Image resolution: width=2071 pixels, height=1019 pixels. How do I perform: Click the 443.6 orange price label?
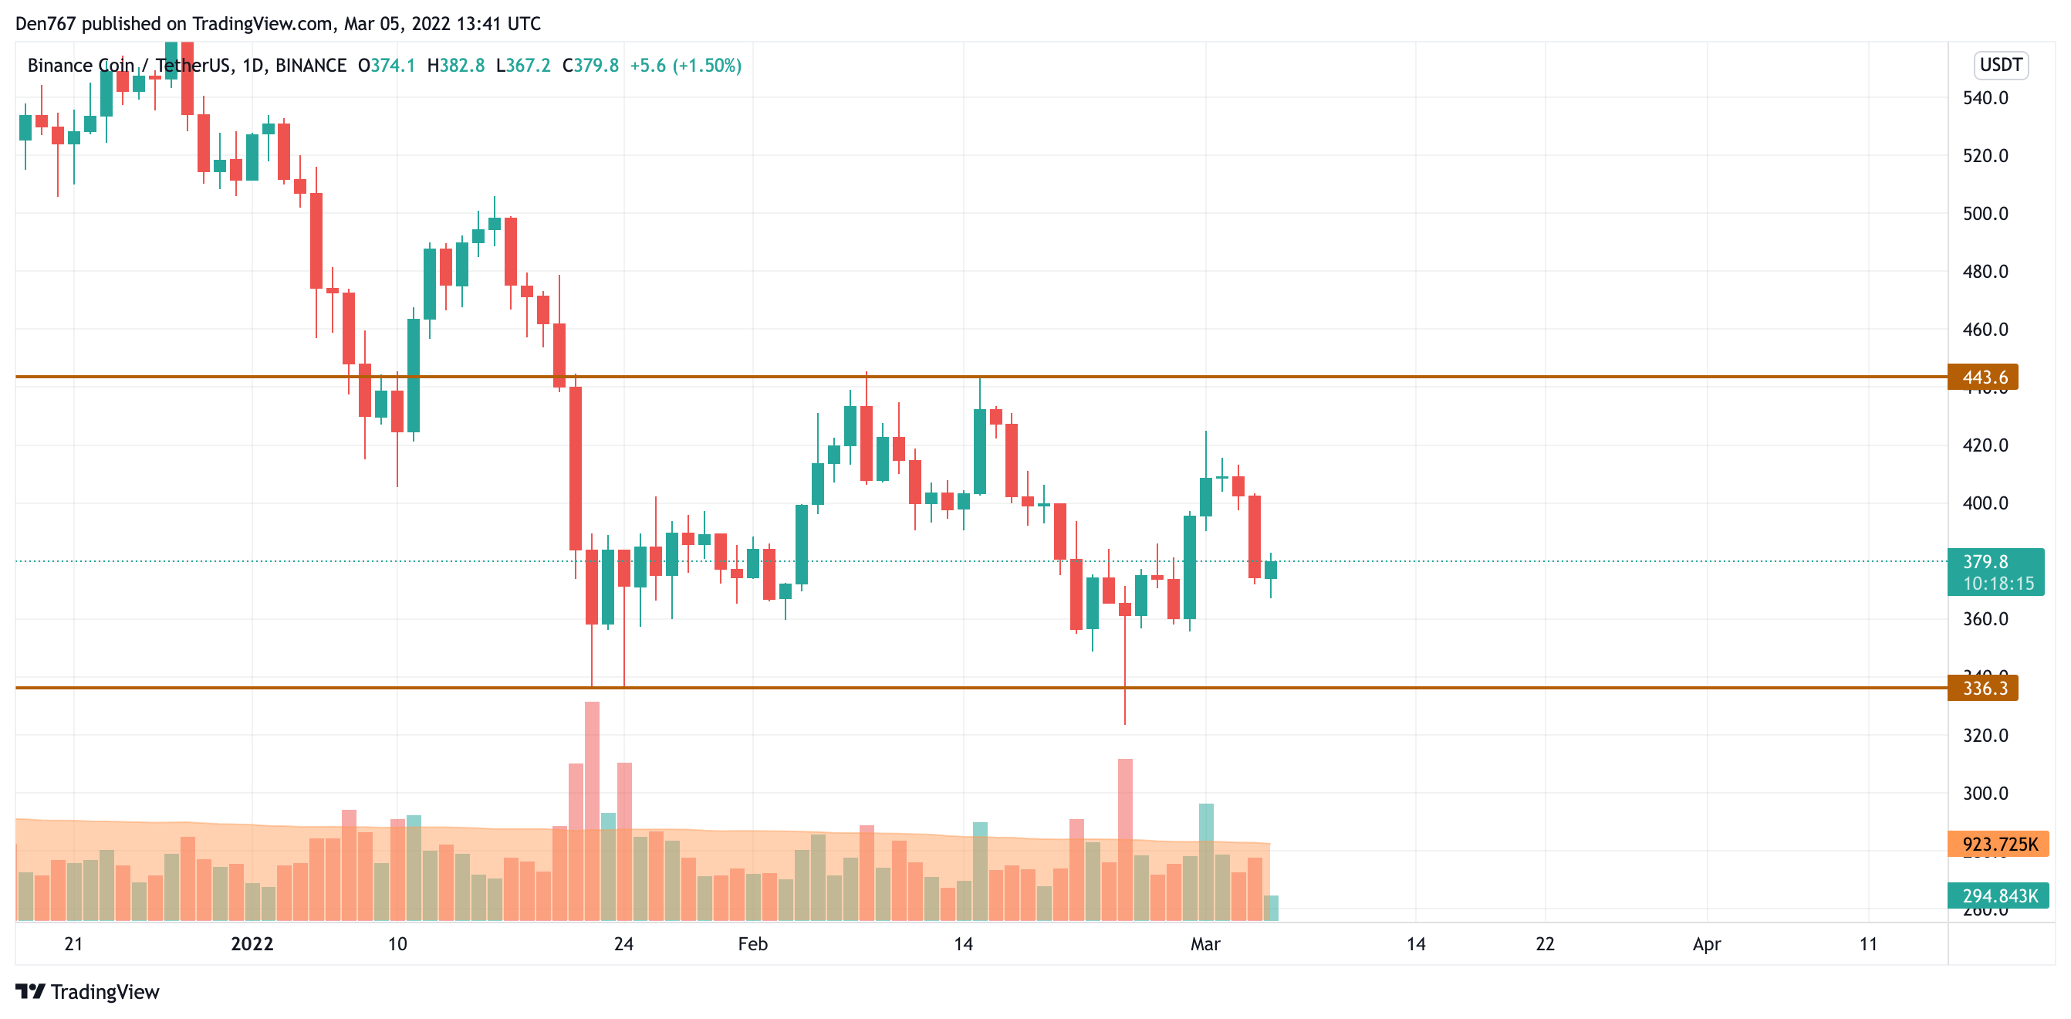[x=1982, y=377]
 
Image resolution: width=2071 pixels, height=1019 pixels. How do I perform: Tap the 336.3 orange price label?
[x=1982, y=688]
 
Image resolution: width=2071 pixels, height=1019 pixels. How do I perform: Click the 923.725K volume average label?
[x=1998, y=844]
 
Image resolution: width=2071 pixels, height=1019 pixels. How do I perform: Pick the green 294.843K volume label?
[x=1998, y=895]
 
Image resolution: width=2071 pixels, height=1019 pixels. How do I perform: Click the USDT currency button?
[x=2000, y=64]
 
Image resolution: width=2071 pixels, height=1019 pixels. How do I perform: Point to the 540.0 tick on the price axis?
[x=1985, y=98]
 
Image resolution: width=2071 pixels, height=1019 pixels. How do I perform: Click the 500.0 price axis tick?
[x=1985, y=214]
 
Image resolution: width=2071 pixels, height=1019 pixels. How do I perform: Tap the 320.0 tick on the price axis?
[x=1985, y=735]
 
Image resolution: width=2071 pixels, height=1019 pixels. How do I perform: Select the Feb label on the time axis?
[x=752, y=943]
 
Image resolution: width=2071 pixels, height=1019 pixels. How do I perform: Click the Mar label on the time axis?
[x=1204, y=943]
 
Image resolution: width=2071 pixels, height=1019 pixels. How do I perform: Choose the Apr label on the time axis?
[x=1706, y=943]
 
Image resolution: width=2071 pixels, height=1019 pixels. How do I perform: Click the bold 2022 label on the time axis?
[x=252, y=943]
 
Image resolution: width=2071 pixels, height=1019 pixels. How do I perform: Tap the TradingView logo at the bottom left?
[x=88, y=992]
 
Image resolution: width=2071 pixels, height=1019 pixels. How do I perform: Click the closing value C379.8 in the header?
[x=590, y=65]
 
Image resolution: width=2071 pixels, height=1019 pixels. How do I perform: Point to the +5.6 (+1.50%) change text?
[x=685, y=65]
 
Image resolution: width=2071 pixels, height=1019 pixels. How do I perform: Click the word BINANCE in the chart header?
[x=310, y=65]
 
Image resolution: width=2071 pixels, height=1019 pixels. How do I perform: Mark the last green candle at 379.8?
[x=1270, y=570]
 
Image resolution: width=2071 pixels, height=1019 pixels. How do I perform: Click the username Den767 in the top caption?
[x=45, y=23]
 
